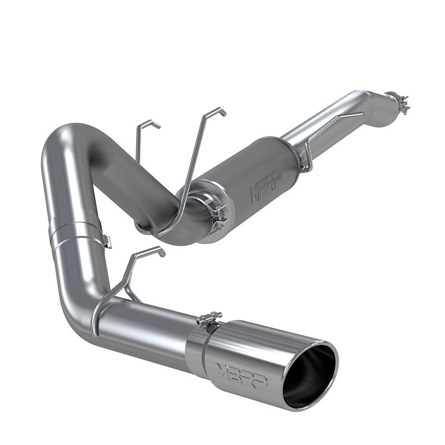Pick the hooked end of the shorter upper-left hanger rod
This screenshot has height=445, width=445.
(x=150, y=123)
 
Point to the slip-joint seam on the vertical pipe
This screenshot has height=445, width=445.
(x=72, y=229)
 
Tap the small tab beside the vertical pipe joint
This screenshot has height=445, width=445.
(x=107, y=241)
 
